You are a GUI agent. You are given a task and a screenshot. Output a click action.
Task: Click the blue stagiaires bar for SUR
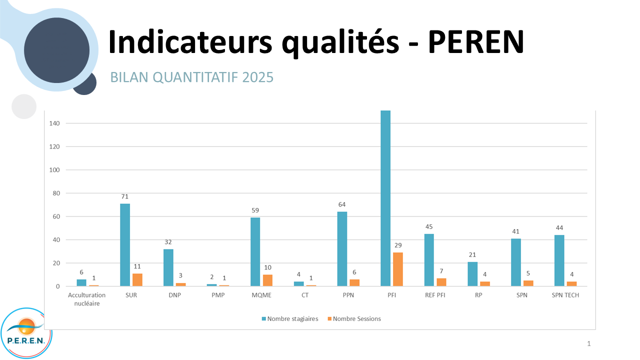(124, 245)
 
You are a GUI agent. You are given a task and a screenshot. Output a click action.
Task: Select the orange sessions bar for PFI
(397, 269)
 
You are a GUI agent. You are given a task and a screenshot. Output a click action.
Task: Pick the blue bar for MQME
(255, 252)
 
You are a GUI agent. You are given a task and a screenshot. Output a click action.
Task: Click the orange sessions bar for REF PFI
(441, 282)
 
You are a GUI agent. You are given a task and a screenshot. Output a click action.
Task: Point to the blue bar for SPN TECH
(559, 260)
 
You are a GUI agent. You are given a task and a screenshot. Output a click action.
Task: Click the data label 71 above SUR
(124, 196)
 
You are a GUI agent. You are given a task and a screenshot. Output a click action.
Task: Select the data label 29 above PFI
(398, 245)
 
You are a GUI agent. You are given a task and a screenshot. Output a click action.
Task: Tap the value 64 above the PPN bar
(342, 204)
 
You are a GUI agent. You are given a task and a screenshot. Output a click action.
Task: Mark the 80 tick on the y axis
(56, 193)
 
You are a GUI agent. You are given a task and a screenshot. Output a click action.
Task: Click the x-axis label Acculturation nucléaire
(87, 299)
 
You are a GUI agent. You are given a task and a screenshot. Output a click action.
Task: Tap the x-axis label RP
(479, 295)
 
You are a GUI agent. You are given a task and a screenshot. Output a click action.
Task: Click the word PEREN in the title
(475, 41)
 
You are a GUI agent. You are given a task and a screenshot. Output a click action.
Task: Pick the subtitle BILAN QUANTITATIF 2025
(191, 77)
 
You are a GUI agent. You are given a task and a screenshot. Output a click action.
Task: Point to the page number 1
(589, 343)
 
